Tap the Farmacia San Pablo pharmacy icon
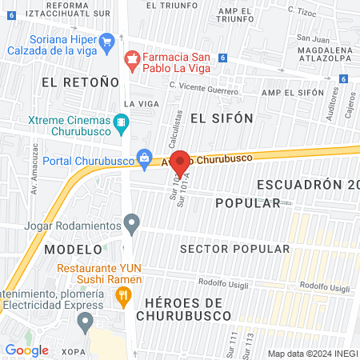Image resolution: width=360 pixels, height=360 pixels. [x=132, y=58]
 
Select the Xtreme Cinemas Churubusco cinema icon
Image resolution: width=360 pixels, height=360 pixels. [x=122, y=122]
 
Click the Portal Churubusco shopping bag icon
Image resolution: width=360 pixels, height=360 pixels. [x=144, y=158]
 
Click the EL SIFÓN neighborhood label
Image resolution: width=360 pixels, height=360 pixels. [x=222, y=118]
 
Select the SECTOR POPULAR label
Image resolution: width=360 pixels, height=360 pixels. [x=234, y=249]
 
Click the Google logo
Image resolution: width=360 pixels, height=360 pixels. [x=26, y=350]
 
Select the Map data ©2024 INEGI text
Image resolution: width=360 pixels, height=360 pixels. [x=312, y=353]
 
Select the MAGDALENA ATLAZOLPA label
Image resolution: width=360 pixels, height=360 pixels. [x=319, y=54]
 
